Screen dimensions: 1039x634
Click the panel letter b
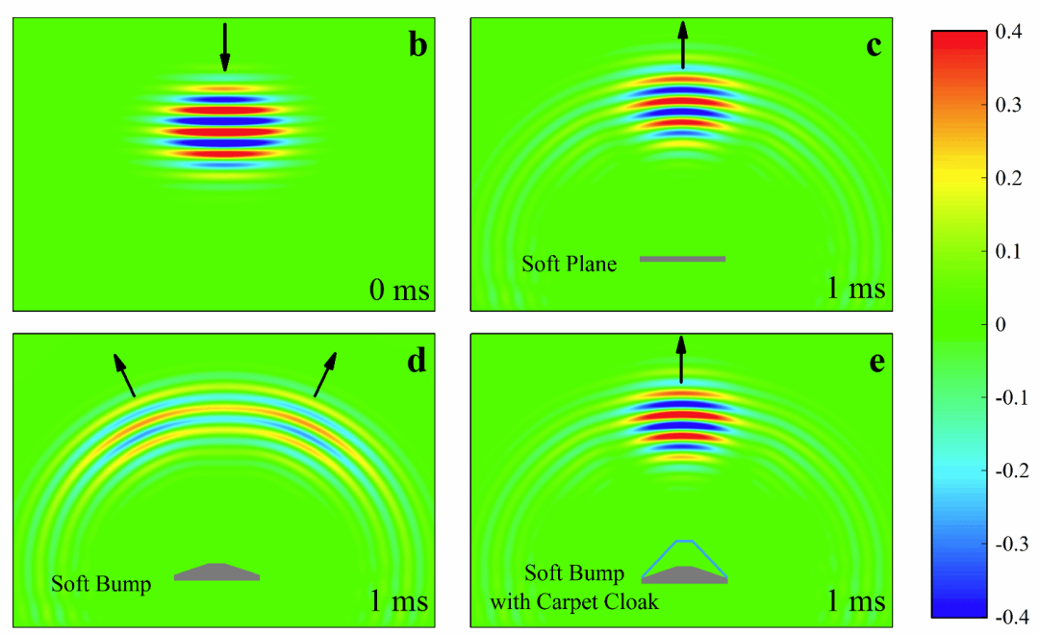[x=418, y=45]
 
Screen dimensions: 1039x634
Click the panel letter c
[x=874, y=46]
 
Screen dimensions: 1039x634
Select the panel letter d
[x=417, y=361]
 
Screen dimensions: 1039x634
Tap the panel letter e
[x=876, y=363]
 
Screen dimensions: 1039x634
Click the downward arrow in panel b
[x=225, y=47]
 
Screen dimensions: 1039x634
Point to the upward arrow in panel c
[x=682, y=44]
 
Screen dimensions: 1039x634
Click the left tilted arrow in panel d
[x=124, y=375]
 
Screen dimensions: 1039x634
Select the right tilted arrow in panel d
[x=325, y=374]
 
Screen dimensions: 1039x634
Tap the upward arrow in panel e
[x=681, y=359]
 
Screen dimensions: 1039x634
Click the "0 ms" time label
[x=399, y=290]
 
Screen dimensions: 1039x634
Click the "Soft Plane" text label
[x=570, y=264]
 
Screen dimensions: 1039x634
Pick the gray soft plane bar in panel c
[x=682, y=259]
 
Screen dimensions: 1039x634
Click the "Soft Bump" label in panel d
[x=101, y=584]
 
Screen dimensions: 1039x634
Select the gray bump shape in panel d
[x=217, y=572]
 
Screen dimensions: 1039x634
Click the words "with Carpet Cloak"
[x=574, y=601]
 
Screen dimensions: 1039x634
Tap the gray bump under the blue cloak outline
[x=685, y=575]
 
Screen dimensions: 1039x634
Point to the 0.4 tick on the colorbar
[x=1008, y=32]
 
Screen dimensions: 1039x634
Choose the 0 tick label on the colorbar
[x=1001, y=324]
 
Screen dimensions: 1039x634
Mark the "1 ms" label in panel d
[x=398, y=600]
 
